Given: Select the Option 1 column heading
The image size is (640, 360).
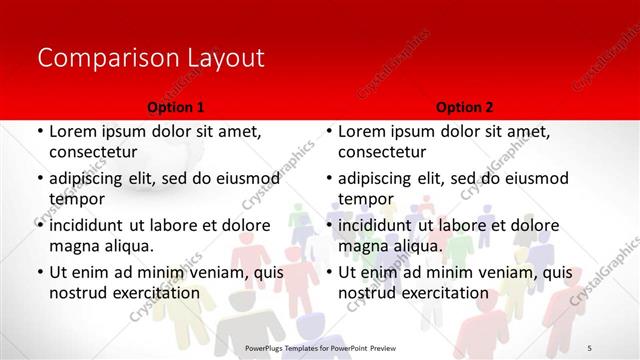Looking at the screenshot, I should pos(176,107).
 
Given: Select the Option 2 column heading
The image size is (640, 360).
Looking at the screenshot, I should pos(464,107).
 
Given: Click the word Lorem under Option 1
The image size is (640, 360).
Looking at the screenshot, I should pos(73,131).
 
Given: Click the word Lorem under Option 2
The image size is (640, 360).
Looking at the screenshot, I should pos(362,131).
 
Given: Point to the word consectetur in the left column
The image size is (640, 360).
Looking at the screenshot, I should pos(93,152).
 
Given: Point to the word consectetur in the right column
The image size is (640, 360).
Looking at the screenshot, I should pos(382,152).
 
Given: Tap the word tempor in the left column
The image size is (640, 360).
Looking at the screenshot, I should pos(73,199).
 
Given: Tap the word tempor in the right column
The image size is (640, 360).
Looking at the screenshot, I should pos(362,199).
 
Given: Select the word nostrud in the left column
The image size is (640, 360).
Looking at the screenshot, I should pos(76,293).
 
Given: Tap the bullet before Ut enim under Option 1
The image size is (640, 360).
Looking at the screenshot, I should pos(40,272).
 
